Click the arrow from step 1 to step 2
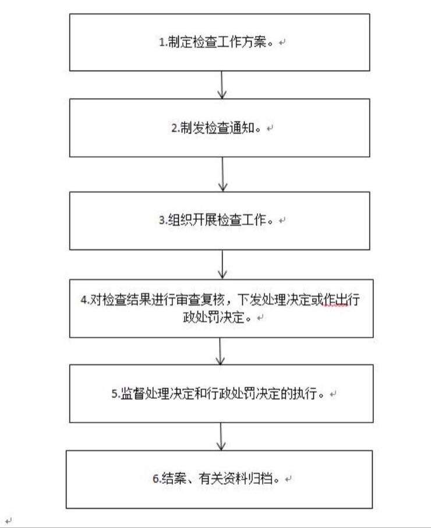point(222,85)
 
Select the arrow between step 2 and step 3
point(222,175)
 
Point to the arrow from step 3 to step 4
point(222,265)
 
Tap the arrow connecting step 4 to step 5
point(220,351)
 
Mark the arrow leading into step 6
point(221,437)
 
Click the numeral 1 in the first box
point(161,42)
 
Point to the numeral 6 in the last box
point(156,479)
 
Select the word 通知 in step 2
point(242,127)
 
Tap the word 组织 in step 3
point(181,220)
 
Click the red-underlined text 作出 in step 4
point(335,300)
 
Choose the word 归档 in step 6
point(260,479)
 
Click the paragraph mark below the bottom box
point(8,520)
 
